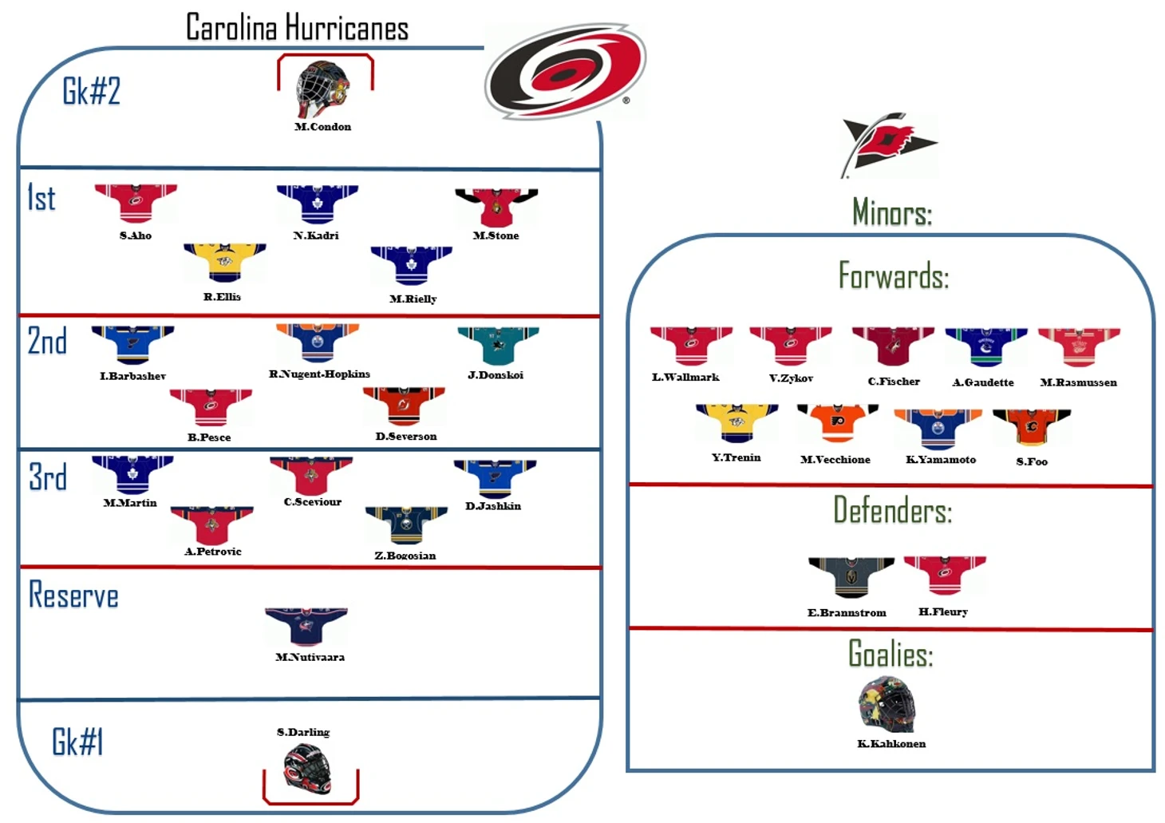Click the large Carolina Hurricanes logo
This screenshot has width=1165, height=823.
click(565, 71)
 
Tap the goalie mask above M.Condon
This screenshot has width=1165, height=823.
click(322, 89)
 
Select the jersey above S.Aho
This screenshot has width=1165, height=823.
click(136, 204)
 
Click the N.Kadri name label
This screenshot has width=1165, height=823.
click(316, 235)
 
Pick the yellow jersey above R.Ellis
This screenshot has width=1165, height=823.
click(225, 263)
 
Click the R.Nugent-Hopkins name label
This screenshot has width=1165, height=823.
click(319, 374)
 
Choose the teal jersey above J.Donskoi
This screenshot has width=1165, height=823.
click(498, 346)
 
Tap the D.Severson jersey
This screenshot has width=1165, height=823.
click(404, 406)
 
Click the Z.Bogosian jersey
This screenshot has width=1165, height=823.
click(406, 525)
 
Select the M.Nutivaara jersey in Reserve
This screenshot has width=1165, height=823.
click(306, 627)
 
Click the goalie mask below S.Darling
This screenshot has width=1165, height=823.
click(308, 769)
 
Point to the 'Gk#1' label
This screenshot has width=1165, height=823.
click(77, 742)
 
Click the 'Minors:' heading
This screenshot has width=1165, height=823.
click(892, 212)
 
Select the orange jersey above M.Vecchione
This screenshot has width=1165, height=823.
click(838, 423)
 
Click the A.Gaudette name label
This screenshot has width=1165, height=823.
click(983, 382)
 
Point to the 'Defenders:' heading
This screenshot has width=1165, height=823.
click(892, 510)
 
